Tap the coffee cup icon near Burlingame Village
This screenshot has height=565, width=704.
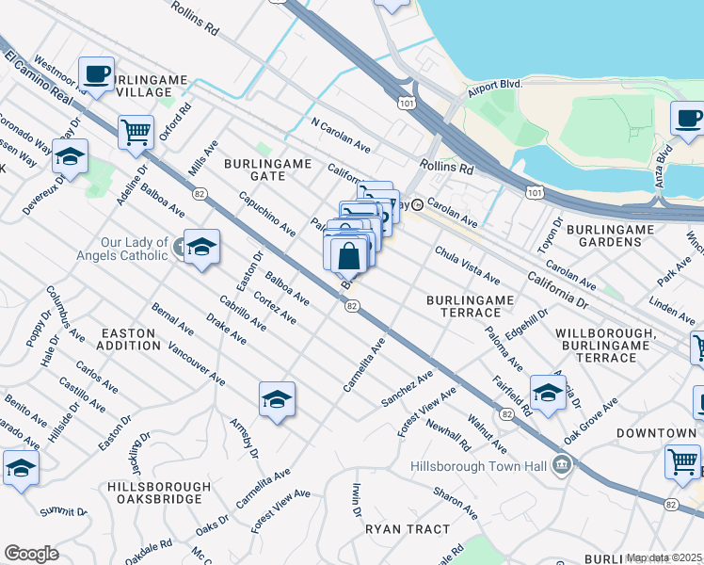click(x=95, y=73)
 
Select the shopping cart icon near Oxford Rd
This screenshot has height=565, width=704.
click(x=136, y=131)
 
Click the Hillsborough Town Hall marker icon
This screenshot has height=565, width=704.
click(x=562, y=463)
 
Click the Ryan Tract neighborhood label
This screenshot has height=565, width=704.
click(x=408, y=529)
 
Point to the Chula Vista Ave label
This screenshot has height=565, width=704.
click(x=467, y=265)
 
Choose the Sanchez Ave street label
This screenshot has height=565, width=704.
click(x=407, y=388)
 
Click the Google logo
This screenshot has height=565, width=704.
click(x=31, y=554)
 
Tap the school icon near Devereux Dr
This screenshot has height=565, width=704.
click(x=70, y=155)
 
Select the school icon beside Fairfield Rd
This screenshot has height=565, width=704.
click(x=547, y=391)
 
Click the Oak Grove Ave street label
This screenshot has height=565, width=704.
click(x=590, y=420)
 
